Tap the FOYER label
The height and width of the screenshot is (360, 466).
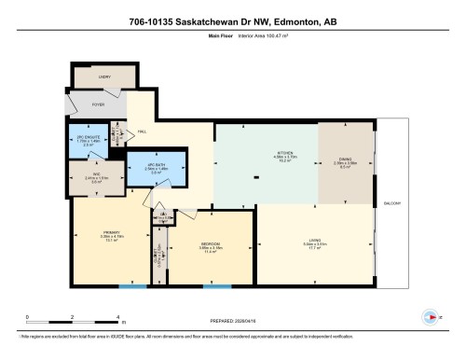pyautogui.click(x=98, y=105)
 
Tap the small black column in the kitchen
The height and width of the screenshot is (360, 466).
pyautogui.click(x=256, y=180)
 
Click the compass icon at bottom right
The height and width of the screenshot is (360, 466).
pyautogui.click(x=430, y=315)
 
